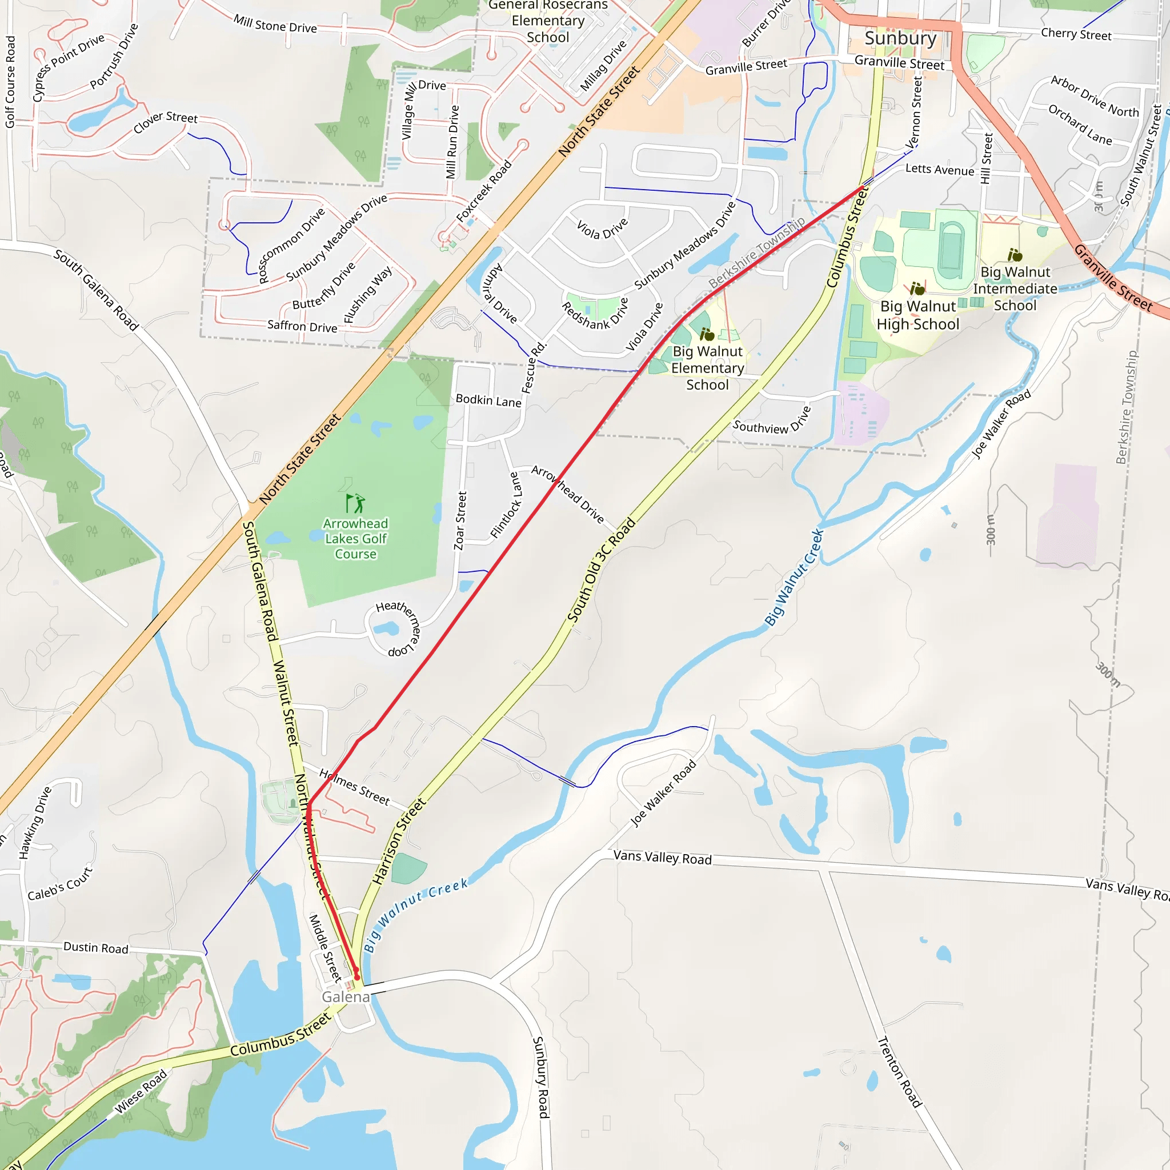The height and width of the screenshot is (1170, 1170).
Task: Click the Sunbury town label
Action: click(900, 38)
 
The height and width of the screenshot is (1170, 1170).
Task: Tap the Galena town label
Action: click(345, 997)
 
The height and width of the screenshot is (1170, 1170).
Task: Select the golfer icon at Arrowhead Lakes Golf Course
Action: click(355, 503)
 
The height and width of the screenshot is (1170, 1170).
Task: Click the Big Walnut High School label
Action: click(917, 315)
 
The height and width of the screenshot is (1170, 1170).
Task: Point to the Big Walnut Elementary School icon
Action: click(707, 334)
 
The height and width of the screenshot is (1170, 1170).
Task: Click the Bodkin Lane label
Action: click(488, 400)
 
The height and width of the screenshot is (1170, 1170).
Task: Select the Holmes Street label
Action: click(354, 787)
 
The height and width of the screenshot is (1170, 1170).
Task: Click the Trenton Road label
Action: click(899, 1071)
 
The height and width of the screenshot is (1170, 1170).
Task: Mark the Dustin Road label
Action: click(95, 948)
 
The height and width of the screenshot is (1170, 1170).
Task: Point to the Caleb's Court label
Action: click(60, 884)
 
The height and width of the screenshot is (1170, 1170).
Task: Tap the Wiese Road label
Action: click(141, 1092)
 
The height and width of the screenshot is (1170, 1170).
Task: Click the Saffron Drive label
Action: click(302, 326)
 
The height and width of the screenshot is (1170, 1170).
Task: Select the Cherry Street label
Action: click(1076, 34)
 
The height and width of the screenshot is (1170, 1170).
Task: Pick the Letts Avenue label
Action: click(939, 170)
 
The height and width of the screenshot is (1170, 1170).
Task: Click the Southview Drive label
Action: click(771, 422)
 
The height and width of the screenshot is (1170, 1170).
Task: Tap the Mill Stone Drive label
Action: click(275, 24)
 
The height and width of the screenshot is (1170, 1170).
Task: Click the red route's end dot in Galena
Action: click(356, 977)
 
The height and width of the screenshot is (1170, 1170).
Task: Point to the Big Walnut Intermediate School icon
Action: click(1015, 255)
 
